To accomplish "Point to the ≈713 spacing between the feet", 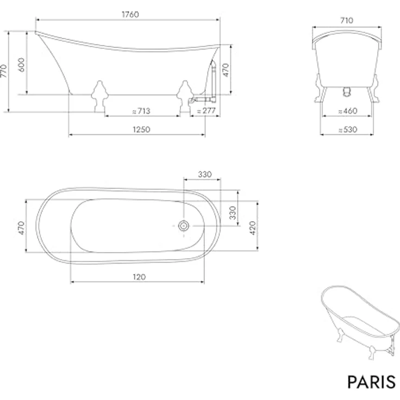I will (x=141, y=111).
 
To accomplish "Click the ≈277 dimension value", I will (x=206, y=111).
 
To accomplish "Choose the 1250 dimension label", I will (x=141, y=129).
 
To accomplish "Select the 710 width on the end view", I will (x=347, y=20).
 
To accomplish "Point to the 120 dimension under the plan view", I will (x=138, y=277).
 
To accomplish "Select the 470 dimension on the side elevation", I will (x=227, y=70).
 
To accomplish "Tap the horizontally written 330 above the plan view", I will (x=204, y=174).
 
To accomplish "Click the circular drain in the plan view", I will (x=183, y=226).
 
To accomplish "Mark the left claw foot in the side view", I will (x=99, y=96).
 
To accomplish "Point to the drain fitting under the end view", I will (x=346, y=93).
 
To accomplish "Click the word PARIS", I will (x=371, y=382).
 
